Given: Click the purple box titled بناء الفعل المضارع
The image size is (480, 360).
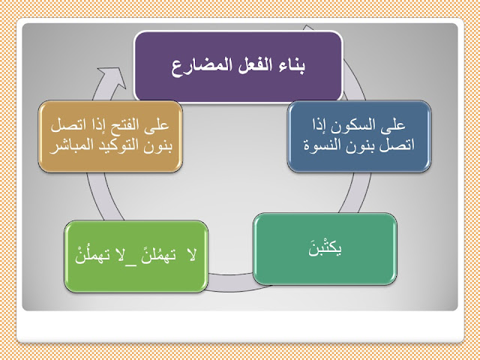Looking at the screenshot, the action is coord(238,66).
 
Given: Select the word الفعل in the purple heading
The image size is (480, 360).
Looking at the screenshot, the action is coord(246,65).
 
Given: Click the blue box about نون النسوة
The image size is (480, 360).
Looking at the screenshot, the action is coord(359,136).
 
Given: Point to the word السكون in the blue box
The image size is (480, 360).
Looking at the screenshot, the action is coord(356,125).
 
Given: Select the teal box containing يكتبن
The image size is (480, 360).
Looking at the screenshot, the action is coord(325,249).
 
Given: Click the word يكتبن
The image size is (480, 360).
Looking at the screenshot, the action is coord(325,248).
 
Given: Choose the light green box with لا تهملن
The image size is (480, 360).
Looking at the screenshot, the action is coord(136,256).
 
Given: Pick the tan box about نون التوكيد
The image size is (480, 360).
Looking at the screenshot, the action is coord(110,136).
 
